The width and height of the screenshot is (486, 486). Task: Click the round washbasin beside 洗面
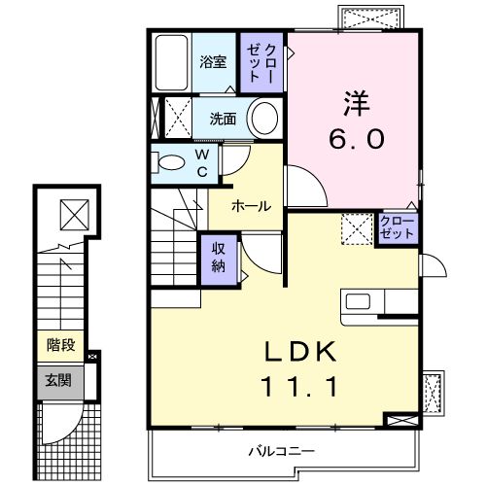[x=263, y=119]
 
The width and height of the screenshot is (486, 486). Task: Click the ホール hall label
[x=251, y=205]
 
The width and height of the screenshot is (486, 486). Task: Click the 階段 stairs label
[x=60, y=345]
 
